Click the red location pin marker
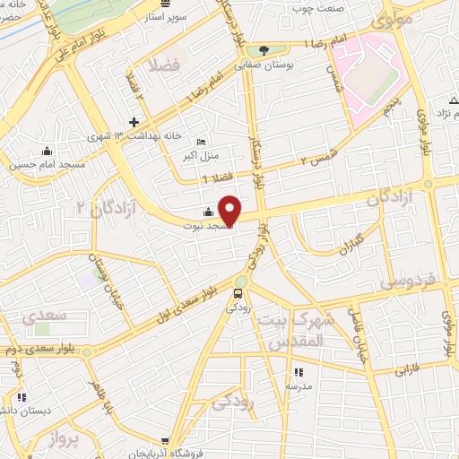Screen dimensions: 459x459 [x=230, y=210]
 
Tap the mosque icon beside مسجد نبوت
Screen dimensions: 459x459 [x=209, y=212]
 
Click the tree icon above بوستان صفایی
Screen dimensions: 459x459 [x=264, y=51]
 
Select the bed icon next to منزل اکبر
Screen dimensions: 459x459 [x=202, y=142]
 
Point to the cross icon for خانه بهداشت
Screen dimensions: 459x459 [x=134, y=122]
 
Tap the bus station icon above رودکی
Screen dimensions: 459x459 [x=238, y=292]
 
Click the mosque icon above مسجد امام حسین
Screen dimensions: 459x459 [x=47, y=150]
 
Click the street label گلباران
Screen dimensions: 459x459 [x=345, y=244]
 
